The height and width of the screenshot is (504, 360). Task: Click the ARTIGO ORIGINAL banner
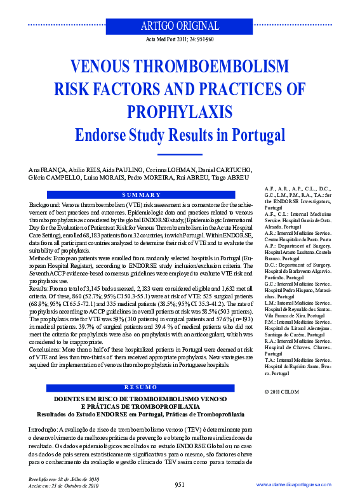pyautogui.click(x=179, y=26)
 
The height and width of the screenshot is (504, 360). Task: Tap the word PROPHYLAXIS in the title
pyautogui.click(x=180, y=112)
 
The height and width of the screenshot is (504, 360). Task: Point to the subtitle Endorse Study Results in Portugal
pyautogui.click(x=180, y=135)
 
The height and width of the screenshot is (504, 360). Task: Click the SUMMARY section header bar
pyautogui.click(x=140, y=194)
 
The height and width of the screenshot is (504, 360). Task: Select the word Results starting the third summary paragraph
pyautogui.click(x=41, y=289)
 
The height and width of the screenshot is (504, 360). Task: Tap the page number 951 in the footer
pyautogui.click(x=180, y=484)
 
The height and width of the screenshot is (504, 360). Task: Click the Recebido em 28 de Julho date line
pyautogui.click(x=64, y=479)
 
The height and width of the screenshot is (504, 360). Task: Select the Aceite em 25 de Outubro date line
pyautogui.click(x=64, y=486)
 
